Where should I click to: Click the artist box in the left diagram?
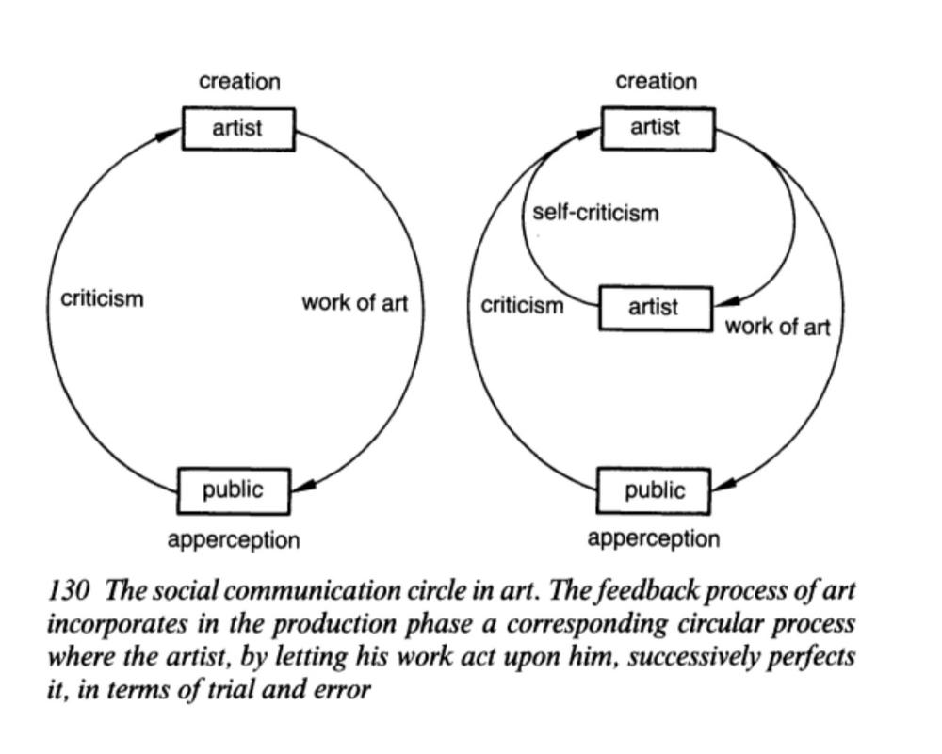coord(238,129)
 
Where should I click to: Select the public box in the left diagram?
coord(234,491)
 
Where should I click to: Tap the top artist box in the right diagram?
coord(658,128)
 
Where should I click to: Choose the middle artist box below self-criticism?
coord(656,308)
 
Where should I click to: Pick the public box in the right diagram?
coord(654,491)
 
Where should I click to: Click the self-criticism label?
coord(595,213)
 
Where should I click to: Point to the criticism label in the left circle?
coord(102,298)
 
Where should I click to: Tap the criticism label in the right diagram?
coord(522,306)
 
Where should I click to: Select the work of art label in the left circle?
coord(354,303)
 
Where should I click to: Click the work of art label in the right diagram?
coord(777,328)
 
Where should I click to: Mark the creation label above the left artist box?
coord(239,82)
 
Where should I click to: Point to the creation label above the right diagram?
coord(657,82)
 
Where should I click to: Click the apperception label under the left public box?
coord(234,540)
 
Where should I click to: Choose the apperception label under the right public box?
coord(654,539)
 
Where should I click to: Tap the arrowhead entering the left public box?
coord(302,485)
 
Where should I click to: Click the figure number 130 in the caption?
coord(69,591)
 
